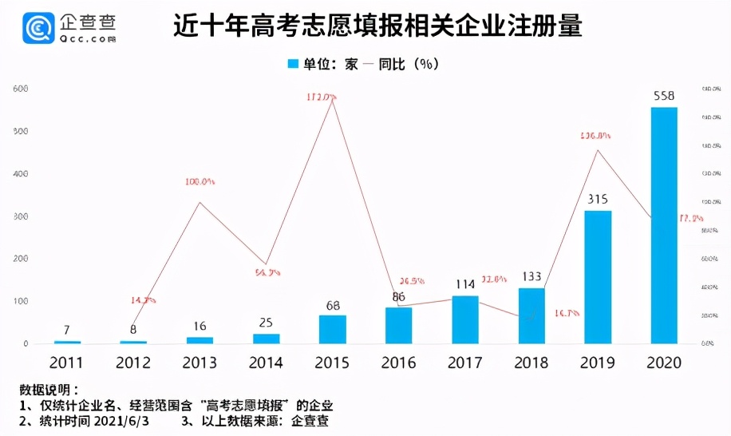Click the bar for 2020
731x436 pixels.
(x=664, y=225)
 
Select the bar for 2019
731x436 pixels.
(x=598, y=277)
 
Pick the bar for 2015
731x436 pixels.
(x=333, y=329)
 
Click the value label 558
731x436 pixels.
(x=664, y=97)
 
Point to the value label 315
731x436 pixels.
(x=598, y=200)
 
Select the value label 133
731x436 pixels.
(x=531, y=277)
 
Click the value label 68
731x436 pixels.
(x=333, y=305)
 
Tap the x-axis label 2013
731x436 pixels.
(x=200, y=363)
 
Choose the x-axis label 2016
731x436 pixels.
(x=399, y=363)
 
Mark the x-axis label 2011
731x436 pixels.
(x=68, y=363)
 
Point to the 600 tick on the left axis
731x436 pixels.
(x=21, y=89)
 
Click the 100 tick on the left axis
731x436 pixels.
(x=21, y=302)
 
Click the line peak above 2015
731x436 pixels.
(x=332, y=101)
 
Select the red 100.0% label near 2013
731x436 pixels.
(x=200, y=182)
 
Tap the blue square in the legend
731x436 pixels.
(x=293, y=64)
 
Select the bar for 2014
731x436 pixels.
(x=267, y=339)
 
